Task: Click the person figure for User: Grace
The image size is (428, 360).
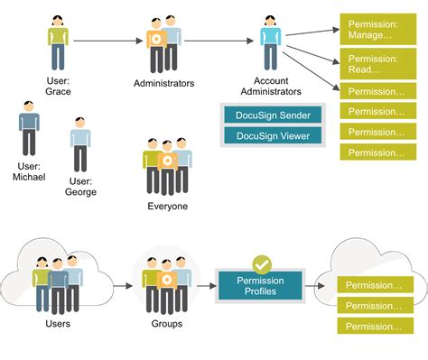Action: coord(58,42)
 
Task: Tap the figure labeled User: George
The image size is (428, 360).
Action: coord(80,147)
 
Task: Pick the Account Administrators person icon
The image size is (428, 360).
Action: coord(270,42)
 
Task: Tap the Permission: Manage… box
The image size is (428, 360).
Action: coord(375,28)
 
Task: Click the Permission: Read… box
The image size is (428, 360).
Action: coord(375,63)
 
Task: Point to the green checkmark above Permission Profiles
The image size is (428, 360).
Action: coord(261,264)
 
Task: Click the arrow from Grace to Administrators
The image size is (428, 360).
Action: coord(107,40)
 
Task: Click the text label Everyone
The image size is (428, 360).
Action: coord(167,207)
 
